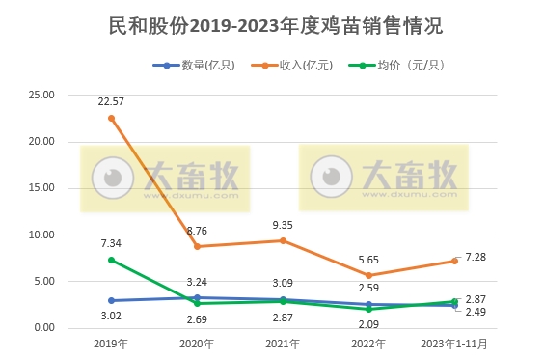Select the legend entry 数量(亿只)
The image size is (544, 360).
[x=197, y=66]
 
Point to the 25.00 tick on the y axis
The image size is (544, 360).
[x=41, y=96]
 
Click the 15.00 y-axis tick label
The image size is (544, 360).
[x=41, y=189]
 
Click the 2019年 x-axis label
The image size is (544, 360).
[x=111, y=344]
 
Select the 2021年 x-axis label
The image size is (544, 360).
[x=283, y=344]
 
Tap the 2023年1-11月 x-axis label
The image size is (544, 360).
[x=453, y=344]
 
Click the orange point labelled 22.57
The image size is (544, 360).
[x=112, y=118]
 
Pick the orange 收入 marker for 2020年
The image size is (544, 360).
[x=197, y=246]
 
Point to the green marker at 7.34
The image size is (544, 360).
[x=112, y=260]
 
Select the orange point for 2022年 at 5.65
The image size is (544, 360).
[x=368, y=275]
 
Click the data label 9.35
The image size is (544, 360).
[x=282, y=224]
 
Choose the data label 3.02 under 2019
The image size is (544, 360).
[x=112, y=315]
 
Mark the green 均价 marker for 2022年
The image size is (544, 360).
[x=368, y=309]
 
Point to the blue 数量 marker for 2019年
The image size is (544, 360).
[x=112, y=300]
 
